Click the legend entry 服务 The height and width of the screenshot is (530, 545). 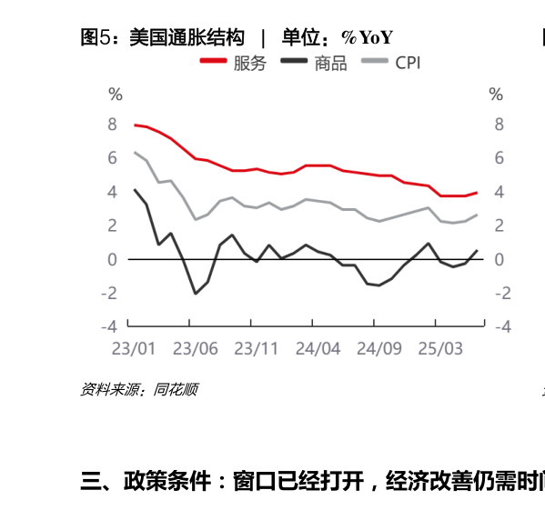tap(249, 63)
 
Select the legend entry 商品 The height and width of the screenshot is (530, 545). tap(330, 63)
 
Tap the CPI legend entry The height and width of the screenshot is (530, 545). tap(407, 63)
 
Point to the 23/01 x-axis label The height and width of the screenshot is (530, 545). tap(133, 349)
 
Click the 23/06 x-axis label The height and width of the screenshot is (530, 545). tap(195, 349)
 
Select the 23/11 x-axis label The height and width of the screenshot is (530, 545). tap(257, 349)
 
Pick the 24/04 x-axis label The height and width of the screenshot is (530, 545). tap(318, 349)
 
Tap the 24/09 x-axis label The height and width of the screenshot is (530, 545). tap(379, 349)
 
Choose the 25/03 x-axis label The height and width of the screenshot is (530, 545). tap(440, 349)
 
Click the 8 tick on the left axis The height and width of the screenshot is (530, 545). tap(113, 125)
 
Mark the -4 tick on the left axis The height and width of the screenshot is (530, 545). tap(109, 326)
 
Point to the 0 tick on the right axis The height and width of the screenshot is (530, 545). tap(499, 260)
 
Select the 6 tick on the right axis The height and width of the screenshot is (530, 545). tap(499, 158)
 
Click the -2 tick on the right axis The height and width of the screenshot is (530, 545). tap(495, 293)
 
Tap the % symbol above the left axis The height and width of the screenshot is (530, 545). tap(115, 95)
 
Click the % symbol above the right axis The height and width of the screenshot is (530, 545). tap(496, 95)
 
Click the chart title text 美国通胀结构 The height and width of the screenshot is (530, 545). tap(187, 37)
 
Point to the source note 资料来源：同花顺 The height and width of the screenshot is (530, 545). tap(138, 390)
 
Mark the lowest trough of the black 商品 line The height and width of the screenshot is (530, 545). tap(195, 294)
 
